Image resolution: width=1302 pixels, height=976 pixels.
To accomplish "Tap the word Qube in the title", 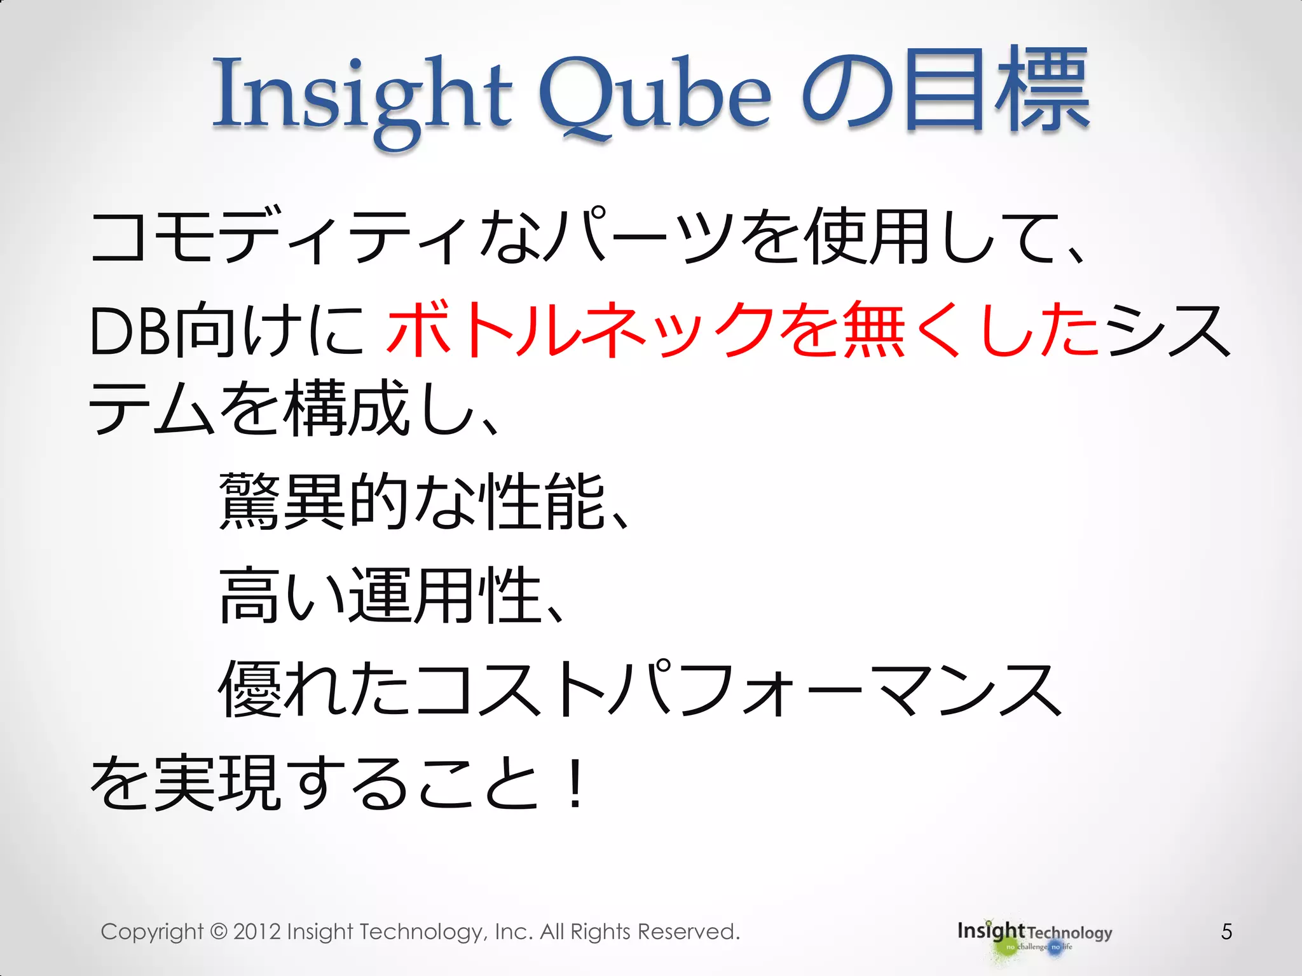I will (655, 95).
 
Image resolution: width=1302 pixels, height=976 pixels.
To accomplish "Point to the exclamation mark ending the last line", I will (575, 784).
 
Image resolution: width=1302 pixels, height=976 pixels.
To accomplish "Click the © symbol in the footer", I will (218, 932).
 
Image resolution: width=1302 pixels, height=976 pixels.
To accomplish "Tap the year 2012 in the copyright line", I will (257, 932).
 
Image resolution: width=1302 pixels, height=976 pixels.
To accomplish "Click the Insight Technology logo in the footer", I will (1034, 935).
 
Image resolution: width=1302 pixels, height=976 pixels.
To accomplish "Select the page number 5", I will (1226, 932).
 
